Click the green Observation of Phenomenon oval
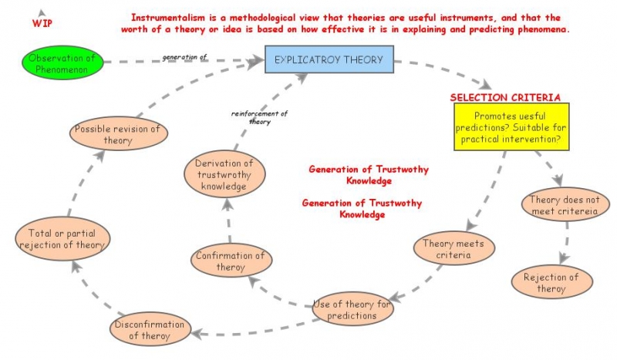tap(63, 62)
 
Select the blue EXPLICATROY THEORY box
tap(329, 59)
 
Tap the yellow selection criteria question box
tap(506, 126)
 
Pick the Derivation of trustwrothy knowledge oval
tap(224, 174)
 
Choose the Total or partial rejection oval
tap(62, 239)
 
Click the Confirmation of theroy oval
tap(230, 261)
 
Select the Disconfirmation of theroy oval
tap(149, 329)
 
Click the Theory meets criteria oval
tap(453, 249)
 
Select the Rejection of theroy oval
tap(551, 283)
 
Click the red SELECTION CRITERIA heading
tap(505, 98)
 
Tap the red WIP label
tap(42, 24)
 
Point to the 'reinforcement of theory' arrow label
tap(259, 117)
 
